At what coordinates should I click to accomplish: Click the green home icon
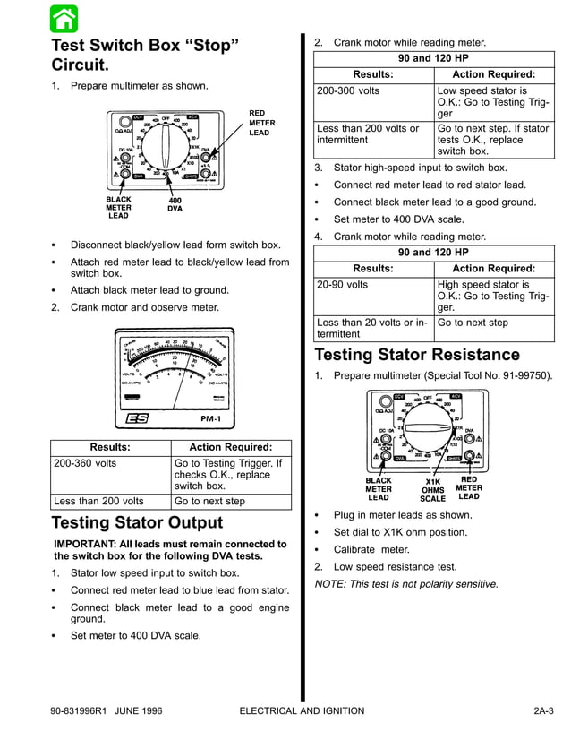pos(64,18)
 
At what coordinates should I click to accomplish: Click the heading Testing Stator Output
pos(137,522)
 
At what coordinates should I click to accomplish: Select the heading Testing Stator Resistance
pos(416,355)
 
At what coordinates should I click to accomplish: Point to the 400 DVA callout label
pos(175,205)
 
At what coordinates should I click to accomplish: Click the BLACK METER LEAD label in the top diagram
pos(118,208)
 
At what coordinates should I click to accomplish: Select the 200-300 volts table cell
pos(348,91)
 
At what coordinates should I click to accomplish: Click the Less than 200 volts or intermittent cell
pos(368,134)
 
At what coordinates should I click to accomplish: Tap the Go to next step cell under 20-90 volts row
pos(472,323)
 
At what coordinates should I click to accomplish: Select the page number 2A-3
pos(542,711)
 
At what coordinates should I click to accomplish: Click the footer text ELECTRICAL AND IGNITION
pos(303,711)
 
